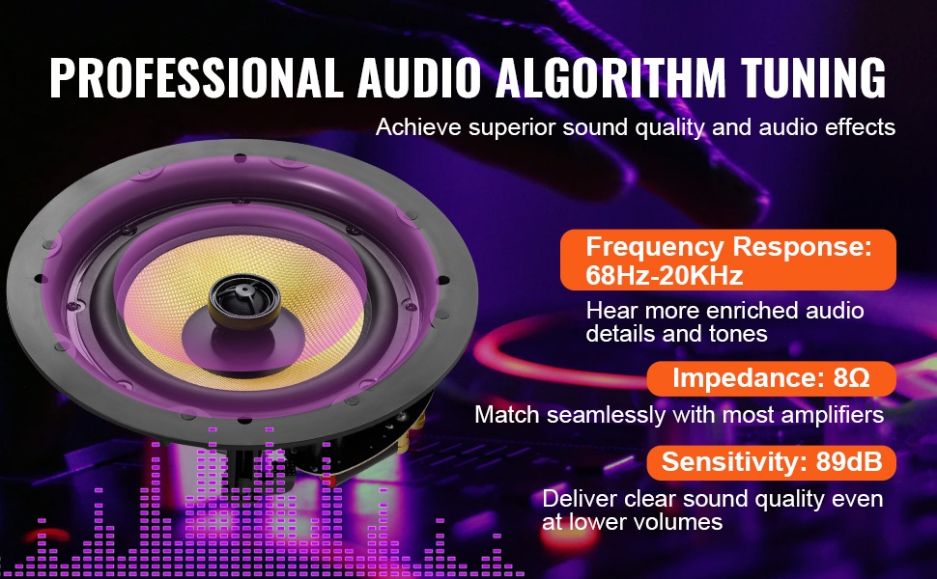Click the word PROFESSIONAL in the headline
tap(196, 77)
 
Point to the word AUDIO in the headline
tap(419, 77)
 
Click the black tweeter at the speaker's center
tap(243, 301)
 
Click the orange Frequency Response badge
tap(727, 260)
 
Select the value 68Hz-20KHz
tap(665, 275)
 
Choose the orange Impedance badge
tap(772, 378)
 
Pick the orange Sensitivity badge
tap(772, 462)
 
